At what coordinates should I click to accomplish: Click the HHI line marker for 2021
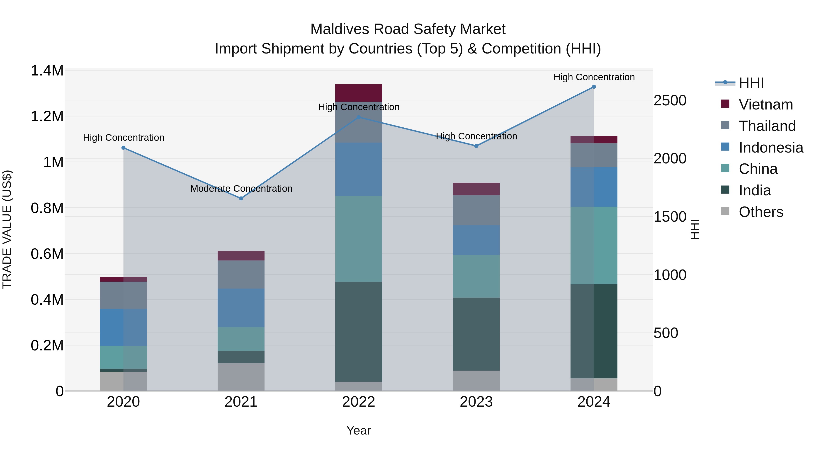(x=241, y=199)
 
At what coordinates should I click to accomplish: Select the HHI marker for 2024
(x=594, y=87)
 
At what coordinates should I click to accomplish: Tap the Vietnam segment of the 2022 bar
(x=359, y=93)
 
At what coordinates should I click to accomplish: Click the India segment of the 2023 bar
(x=476, y=334)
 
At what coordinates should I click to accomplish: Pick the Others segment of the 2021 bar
(x=241, y=377)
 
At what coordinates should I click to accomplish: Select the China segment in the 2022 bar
(x=359, y=239)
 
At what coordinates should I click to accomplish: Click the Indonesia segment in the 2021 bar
(x=241, y=308)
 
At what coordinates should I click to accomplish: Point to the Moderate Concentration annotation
(x=241, y=189)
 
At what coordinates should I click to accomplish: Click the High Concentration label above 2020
(x=124, y=138)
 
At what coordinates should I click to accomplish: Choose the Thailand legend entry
(x=767, y=126)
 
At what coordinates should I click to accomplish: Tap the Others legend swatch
(x=725, y=211)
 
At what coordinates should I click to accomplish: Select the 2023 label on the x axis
(x=476, y=402)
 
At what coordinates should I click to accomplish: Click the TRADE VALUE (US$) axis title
(x=7, y=229)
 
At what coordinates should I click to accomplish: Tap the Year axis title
(x=359, y=430)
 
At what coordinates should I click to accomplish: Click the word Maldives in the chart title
(x=340, y=29)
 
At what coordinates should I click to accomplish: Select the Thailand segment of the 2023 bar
(x=476, y=210)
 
